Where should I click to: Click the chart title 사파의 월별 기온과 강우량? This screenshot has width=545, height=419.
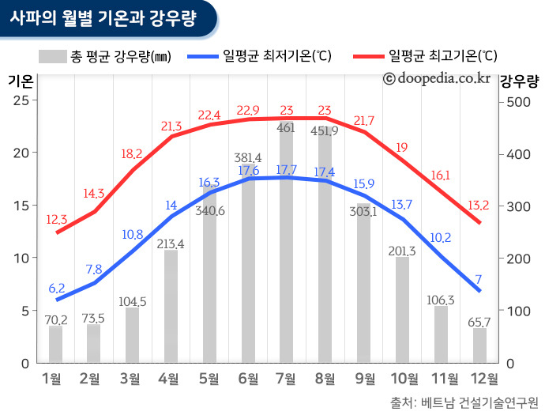pyautogui.click(x=103, y=17)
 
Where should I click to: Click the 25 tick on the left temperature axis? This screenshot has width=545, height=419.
pyautogui.click(x=21, y=100)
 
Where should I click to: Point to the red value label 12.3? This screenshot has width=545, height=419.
pyautogui.click(x=56, y=219)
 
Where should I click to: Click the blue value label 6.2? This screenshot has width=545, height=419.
pyautogui.click(x=56, y=289)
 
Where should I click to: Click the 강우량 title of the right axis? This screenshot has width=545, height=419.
pyautogui.click(x=520, y=80)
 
